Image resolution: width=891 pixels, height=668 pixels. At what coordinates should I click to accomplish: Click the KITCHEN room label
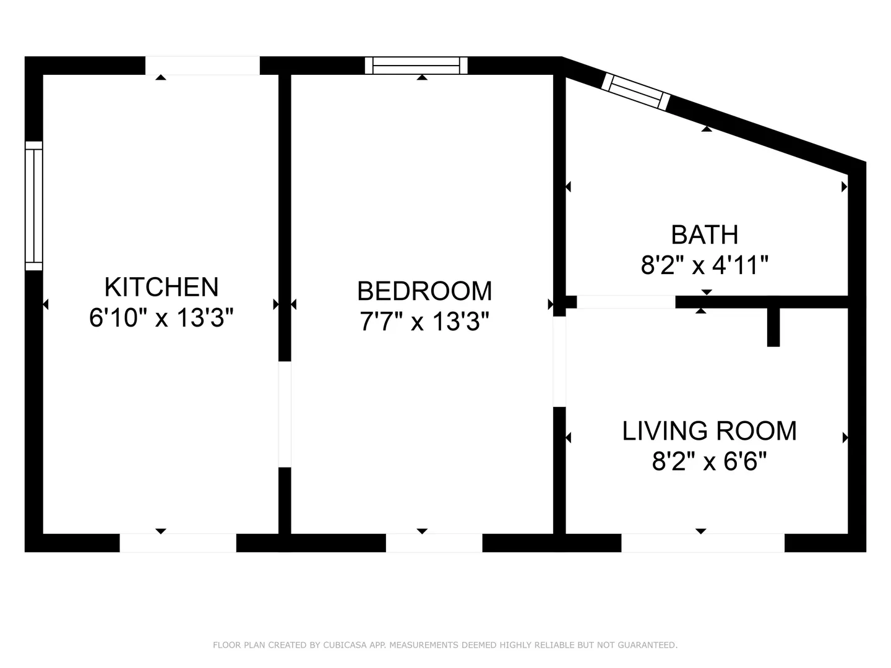tap(161, 287)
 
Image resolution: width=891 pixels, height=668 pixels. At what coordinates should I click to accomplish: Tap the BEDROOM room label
tap(424, 291)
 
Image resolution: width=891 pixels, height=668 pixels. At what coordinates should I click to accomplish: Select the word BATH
tap(705, 235)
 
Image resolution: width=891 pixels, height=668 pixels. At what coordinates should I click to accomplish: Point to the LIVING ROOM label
tap(710, 430)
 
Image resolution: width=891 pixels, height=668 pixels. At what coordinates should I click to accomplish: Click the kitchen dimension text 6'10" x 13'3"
tap(161, 317)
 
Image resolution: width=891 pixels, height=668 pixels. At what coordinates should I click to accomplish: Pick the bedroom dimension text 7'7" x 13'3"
tap(424, 322)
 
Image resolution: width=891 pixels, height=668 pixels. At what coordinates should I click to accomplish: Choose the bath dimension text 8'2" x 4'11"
tap(705, 265)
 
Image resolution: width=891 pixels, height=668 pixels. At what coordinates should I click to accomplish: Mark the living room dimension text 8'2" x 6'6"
tap(710, 461)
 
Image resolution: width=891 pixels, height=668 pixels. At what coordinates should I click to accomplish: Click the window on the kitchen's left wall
tap(33, 206)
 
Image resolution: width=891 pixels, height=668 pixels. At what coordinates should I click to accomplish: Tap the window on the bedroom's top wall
tap(416, 66)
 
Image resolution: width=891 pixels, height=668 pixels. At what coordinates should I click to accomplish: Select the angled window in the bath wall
tap(635, 92)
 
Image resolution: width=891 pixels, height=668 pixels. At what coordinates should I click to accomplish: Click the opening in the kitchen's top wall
tap(202, 66)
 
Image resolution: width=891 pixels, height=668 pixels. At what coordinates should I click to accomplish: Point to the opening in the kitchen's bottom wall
tap(178, 542)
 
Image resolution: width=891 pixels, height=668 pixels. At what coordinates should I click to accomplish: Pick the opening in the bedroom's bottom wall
tap(434, 542)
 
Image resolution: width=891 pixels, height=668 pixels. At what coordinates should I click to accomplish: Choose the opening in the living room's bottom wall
tap(703, 542)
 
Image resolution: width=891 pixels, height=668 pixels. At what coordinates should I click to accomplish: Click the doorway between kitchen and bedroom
tap(285, 414)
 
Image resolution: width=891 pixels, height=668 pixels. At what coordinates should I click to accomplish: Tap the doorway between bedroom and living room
tap(559, 361)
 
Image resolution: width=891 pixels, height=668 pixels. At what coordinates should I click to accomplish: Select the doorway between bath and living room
tap(626, 302)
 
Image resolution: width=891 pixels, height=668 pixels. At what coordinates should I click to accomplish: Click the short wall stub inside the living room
tap(773, 327)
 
